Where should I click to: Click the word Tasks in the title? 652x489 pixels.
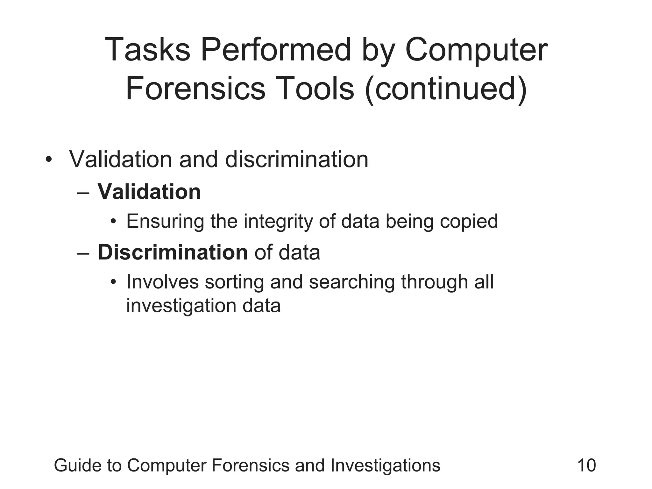[x=147, y=50]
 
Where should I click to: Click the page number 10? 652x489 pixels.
[x=586, y=465]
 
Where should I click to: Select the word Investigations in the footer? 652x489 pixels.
[x=385, y=465]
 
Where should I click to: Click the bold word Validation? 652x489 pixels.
[x=149, y=192]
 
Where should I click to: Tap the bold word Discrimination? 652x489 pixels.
[x=173, y=252]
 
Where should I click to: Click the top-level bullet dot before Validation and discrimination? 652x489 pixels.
[x=48, y=159]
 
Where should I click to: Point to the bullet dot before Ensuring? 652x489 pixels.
[x=113, y=222]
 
